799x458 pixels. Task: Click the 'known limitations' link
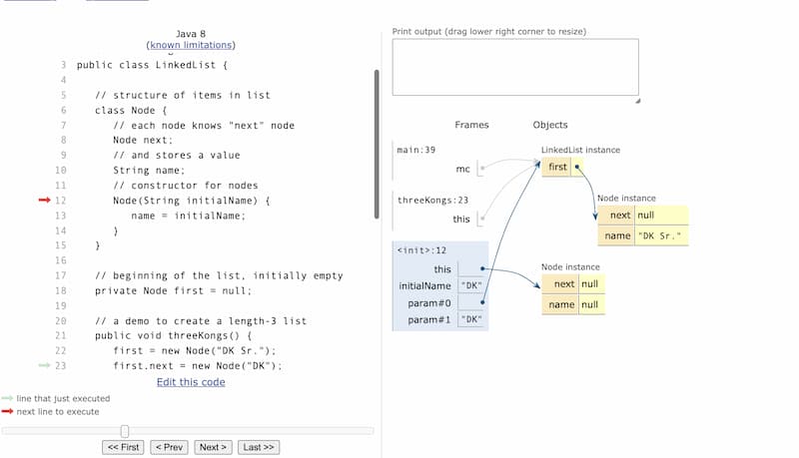pos(191,45)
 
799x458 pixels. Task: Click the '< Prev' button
pos(169,447)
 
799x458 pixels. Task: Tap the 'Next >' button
pos(213,447)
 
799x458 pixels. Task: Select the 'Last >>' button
pos(259,447)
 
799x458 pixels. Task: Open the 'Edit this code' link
pos(191,382)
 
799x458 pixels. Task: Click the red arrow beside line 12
pos(44,200)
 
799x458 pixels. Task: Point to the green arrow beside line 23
pos(44,365)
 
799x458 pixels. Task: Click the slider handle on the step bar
pos(125,431)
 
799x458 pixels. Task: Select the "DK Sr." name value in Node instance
pos(660,235)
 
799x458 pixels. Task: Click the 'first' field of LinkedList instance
pos(557,167)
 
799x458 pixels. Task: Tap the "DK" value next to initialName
pos(470,285)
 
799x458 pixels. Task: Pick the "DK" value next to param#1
pos(470,319)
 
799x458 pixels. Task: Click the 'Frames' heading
pos(471,125)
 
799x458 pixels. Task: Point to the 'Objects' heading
pos(550,125)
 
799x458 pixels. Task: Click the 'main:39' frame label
pos(415,150)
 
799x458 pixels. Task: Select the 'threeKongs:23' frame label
pos(432,200)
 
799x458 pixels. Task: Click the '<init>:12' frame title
pos(421,249)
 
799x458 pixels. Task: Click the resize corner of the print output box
pos(637,101)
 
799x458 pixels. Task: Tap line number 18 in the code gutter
pos(61,290)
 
